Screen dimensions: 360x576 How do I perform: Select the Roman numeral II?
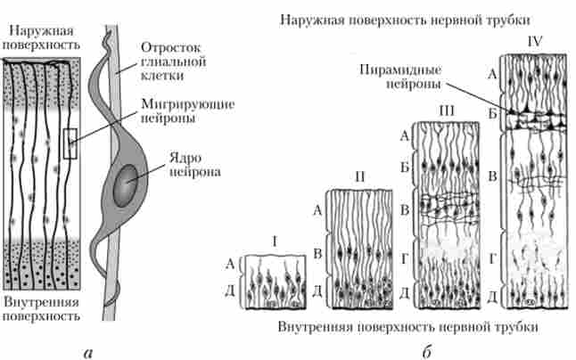pos(358,176)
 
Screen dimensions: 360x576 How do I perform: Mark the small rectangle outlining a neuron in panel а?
pos(70,143)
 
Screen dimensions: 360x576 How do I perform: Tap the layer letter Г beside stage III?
pos(405,258)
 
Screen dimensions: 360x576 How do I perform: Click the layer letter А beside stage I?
pos(231,264)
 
